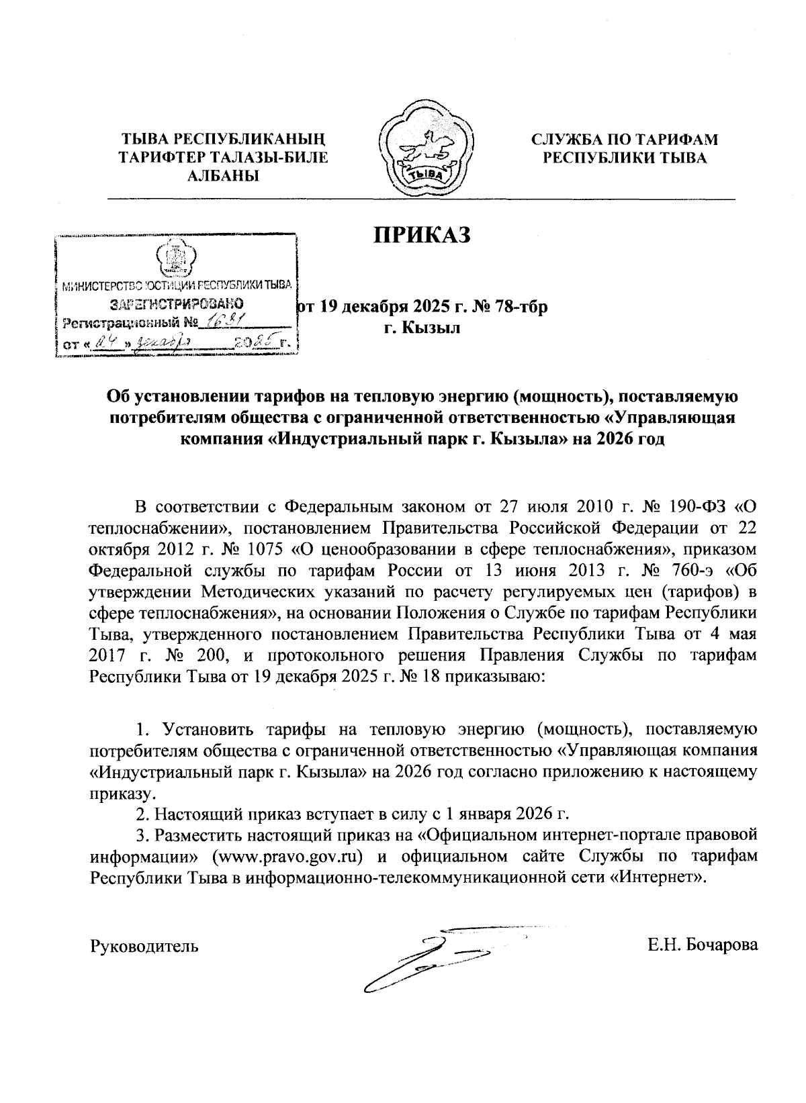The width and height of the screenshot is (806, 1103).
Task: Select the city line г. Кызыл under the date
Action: point(422,328)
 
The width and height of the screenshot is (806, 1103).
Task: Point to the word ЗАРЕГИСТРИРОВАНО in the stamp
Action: point(176,303)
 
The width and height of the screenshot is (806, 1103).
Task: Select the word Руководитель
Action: point(144,947)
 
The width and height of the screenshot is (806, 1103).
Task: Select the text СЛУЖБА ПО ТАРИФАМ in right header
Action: point(625,140)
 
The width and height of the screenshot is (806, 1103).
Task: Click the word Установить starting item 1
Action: point(205,729)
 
